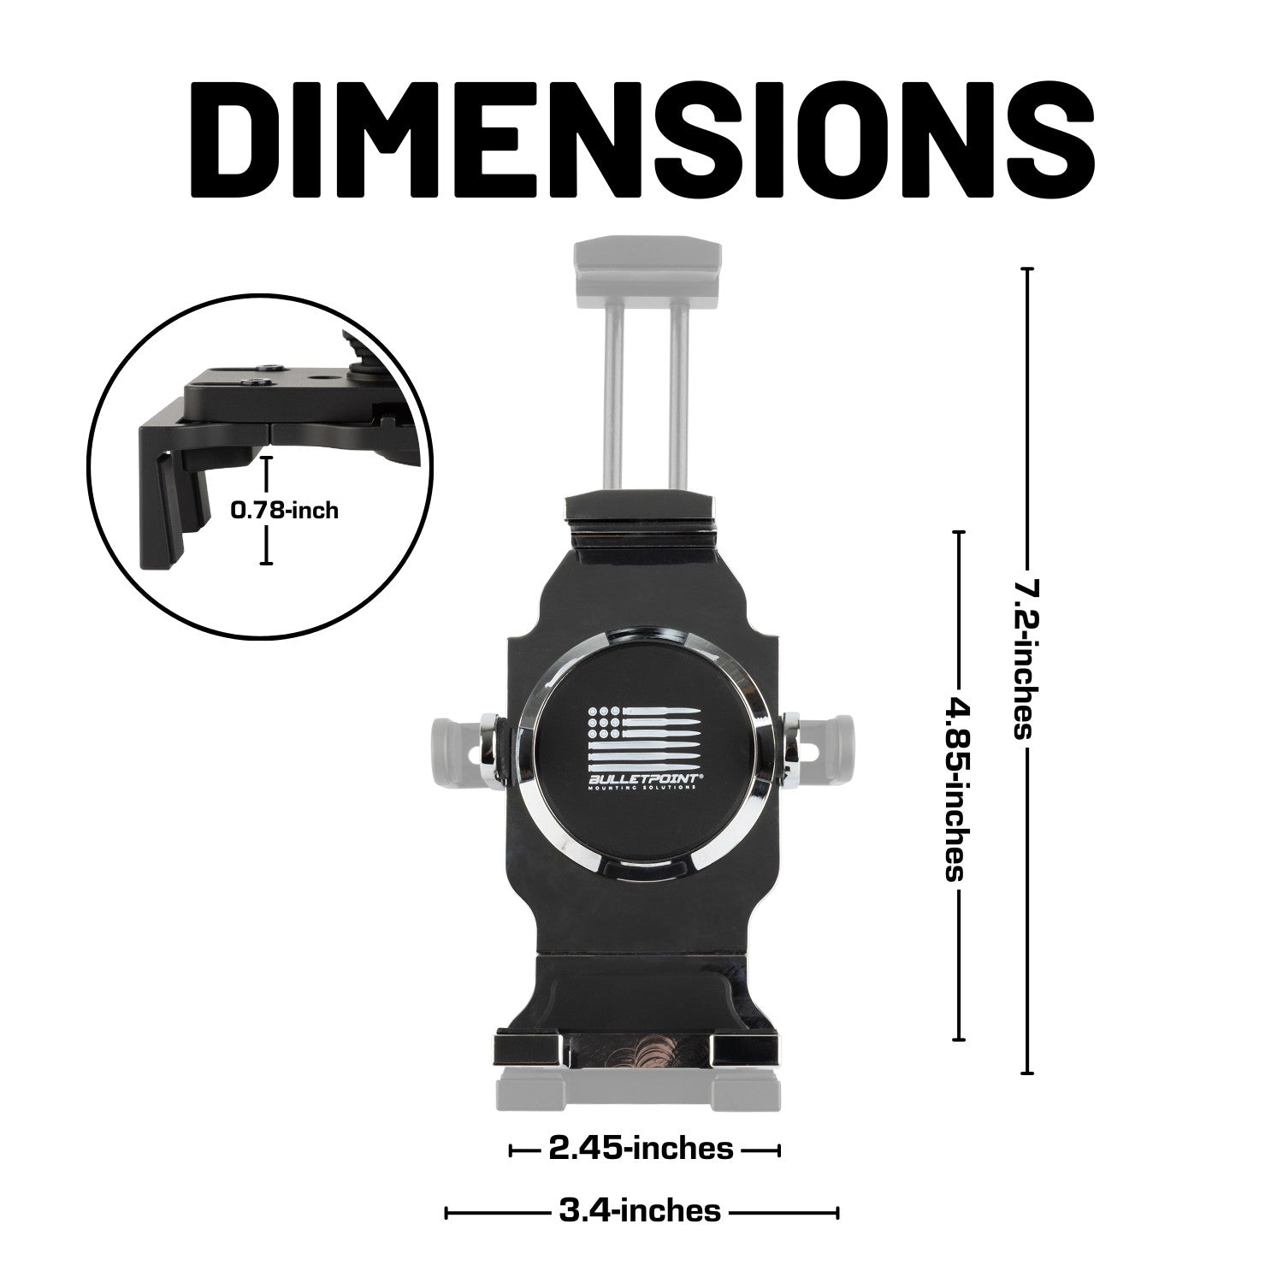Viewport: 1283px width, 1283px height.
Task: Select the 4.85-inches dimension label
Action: click(957, 789)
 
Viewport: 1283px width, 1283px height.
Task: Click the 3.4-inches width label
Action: click(639, 1211)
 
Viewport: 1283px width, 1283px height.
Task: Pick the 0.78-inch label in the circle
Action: click(285, 511)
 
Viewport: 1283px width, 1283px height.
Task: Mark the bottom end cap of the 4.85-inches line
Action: click(958, 1039)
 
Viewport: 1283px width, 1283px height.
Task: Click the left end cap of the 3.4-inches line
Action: click(446, 1212)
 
